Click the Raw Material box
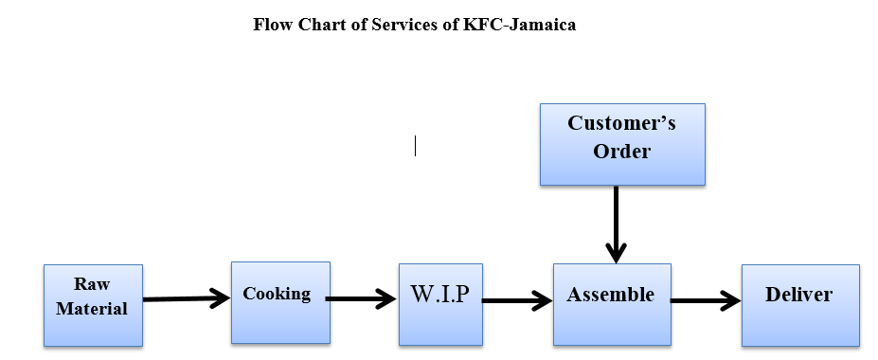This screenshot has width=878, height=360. tap(93, 305)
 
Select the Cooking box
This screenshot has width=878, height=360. tap(280, 302)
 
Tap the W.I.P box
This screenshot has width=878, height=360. tap(440, 303)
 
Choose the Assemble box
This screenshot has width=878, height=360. tap(611, 303)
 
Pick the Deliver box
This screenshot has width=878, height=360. tap(799, 304)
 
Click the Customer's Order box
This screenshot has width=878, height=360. tap(621, 144)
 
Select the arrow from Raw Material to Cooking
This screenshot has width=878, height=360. tap(187, 299)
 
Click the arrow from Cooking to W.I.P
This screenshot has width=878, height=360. tap(361, 299)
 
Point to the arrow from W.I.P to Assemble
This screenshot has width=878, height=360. tap(517, 301)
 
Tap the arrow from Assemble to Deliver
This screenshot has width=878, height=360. tap(706, 302)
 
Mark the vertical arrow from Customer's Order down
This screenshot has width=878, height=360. tap(616, 224)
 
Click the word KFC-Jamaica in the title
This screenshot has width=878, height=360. tap(519, 26)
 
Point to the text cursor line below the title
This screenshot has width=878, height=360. tap(415, 146)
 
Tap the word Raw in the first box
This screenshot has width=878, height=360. tap(92, 284)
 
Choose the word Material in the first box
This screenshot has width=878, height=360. tap(92, 308)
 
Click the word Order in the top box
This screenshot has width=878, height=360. tap(621, 151)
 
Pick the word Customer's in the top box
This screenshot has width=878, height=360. tap(621, 123)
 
